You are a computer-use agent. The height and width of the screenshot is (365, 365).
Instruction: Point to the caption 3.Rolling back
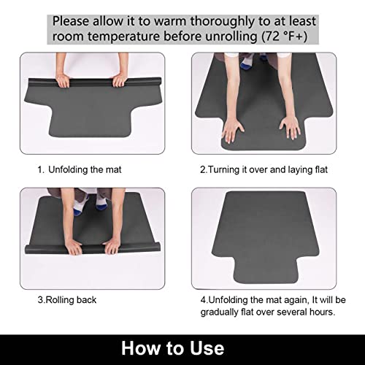pos(67,299)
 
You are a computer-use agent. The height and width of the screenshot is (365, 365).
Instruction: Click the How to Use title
pos(182,347)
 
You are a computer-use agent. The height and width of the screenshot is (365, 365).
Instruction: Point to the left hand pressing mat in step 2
pos(233,132)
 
